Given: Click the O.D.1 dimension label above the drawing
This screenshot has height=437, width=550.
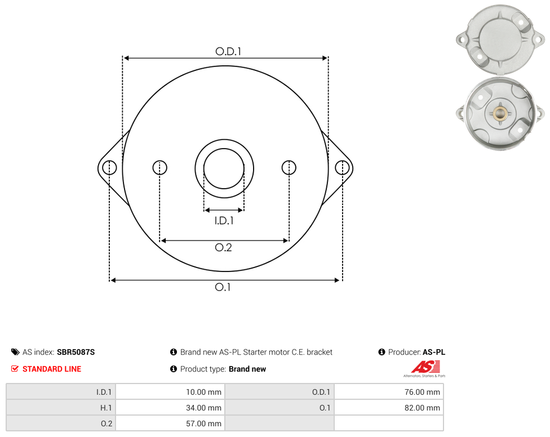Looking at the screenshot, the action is (228, 51).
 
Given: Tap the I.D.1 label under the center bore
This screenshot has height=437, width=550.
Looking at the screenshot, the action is (224, 220).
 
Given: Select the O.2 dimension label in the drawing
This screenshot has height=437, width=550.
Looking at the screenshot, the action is (223, 247).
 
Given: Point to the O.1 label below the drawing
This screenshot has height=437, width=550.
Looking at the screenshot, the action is (223, 287).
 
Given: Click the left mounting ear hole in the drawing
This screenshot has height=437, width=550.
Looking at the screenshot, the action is (109, 167).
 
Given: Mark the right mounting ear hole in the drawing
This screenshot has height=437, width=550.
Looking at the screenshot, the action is (342, 167).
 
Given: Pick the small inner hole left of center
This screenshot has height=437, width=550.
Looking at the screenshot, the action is (159, 167).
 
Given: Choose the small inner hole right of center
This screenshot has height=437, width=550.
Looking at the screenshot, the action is (289, 167).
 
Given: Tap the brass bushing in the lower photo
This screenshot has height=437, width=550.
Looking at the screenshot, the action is (499, 113).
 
